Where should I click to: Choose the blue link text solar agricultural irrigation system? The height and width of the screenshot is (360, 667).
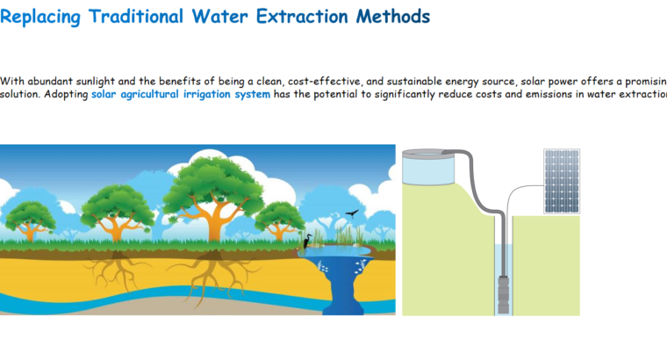click(x=180, y=95)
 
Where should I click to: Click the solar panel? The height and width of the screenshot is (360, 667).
click(x=561, y=181)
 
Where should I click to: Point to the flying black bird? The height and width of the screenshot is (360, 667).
click(x=353, y=213)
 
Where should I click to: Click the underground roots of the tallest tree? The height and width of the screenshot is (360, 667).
click(x=210, y=272)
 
